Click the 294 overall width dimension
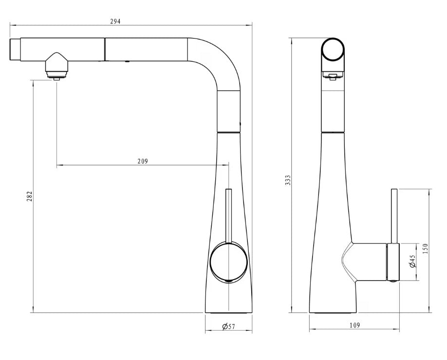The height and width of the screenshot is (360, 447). tap(115, 21)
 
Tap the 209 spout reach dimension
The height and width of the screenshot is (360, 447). tap(143, 161)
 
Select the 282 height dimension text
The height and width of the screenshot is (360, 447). tap(29, 196)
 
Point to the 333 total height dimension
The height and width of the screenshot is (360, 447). tap(288, 180)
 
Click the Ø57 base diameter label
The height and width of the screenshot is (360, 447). tap(228, 326)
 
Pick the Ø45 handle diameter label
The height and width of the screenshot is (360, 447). tap(412, 262)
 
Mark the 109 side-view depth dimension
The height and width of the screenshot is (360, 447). tap(354, 325)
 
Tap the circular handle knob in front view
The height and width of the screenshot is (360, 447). tap(228, 262)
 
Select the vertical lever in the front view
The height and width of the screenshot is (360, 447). tap(228, 214)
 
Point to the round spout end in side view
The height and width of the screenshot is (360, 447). tap(333, 50)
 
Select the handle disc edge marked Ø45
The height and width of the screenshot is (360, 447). tap(393, 262)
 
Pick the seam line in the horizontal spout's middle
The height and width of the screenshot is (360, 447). tap(104, 49)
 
